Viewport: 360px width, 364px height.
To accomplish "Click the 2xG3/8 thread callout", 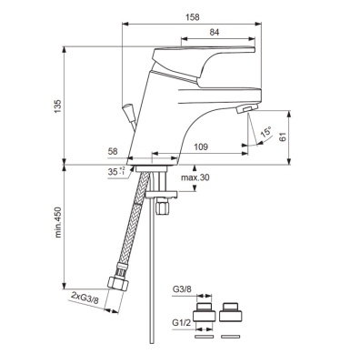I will click(x=86, y=297).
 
